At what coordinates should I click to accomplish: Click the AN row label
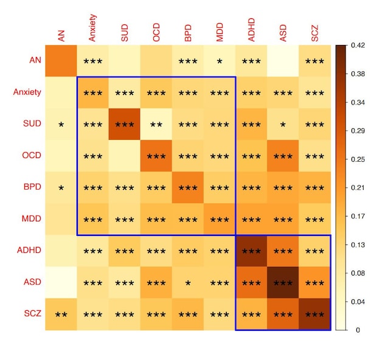coord(35,61)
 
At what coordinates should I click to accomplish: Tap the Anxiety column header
coord(93,28)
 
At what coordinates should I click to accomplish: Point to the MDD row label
coord(31,218)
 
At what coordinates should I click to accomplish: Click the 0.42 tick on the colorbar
coord(358,46)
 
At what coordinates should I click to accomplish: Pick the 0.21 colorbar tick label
coord(358,188)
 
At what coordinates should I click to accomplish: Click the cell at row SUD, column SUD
coord(125,124)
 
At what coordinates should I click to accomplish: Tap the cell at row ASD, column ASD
coord(283,282)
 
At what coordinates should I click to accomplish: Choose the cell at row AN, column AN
coord(61,61)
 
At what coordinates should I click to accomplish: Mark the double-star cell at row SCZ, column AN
coord(61,314)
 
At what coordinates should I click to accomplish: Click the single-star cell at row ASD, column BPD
coord(188,282)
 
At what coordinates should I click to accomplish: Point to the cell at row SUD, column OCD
coord(156,124)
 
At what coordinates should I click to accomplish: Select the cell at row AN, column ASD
coord(283,61)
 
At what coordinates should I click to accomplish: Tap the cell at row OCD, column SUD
coord(125,156)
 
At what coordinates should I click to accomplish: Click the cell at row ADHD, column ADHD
coord(251,251)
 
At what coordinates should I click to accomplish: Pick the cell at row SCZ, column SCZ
coord(314,314)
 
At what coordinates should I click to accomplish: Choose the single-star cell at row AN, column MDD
coord(220,61)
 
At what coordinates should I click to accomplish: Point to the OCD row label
coord(31,155)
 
